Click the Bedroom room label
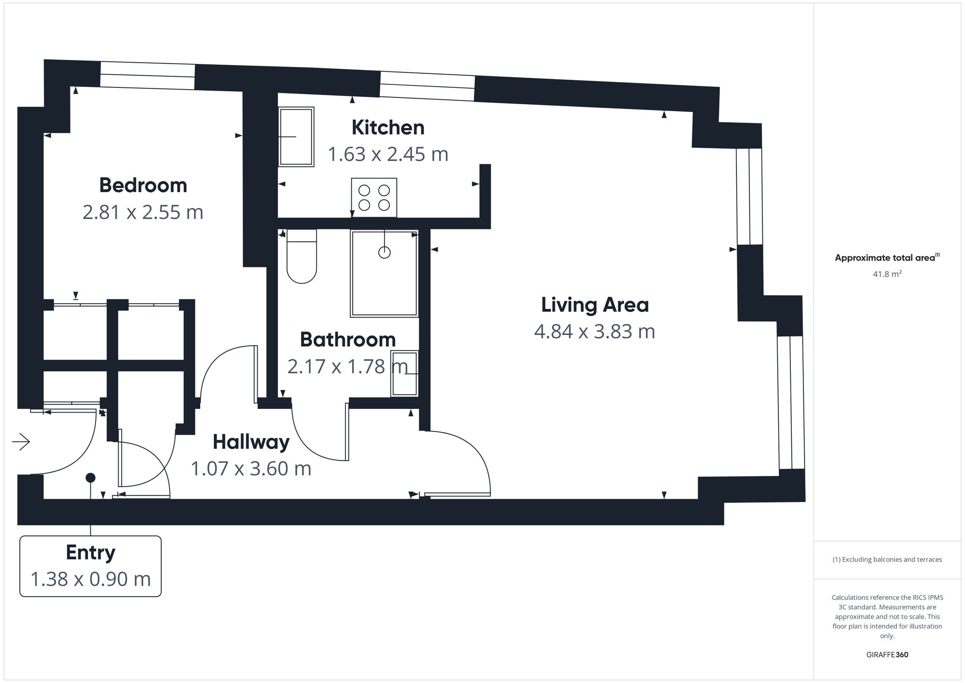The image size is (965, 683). coord(143,185)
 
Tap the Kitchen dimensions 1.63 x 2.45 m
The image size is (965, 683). coord(388,154)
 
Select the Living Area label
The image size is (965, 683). coord(595,305)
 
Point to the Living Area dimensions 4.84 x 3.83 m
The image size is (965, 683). coord(594,332)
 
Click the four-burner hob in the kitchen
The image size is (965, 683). coord(374,197)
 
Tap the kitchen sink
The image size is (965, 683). coord(296,137)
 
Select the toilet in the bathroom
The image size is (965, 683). coord(301,256)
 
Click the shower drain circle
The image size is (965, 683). coord(384,252)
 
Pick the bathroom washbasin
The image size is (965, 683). coord(404,373)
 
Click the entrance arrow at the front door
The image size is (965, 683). coord(21,442)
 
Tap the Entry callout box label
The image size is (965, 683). coord(90,553)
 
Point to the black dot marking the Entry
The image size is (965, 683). coord(90,478)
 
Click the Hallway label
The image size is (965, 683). coord(251,442)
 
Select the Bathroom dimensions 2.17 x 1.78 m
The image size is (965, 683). coord(347,367)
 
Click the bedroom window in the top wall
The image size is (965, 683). coord(147,76)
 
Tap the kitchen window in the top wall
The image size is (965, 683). coord(427,86)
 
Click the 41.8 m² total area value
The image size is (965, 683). coord(887,274)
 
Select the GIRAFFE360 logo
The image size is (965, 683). coord(887,655)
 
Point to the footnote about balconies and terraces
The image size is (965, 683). coord(887,559)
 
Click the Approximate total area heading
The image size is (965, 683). coord(887,257)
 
